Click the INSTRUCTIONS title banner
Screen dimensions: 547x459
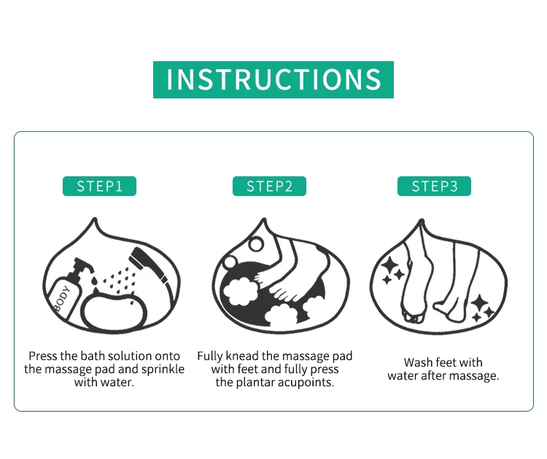point(273,79)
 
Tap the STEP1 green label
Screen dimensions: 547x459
point(99,186)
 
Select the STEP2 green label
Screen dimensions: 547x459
point(269,186)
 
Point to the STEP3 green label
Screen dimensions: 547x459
point(435,186)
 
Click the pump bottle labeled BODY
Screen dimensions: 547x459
point(68,289)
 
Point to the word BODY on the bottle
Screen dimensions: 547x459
point(63,298)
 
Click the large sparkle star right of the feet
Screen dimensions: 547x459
point(480,303)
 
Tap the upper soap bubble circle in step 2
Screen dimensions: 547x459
point(256,244)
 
